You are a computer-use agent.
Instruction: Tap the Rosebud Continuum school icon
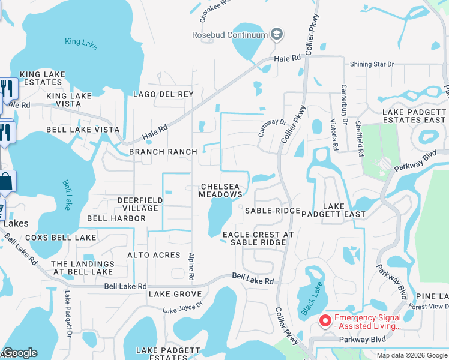click(276, 34)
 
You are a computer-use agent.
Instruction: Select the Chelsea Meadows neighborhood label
click(221, 190)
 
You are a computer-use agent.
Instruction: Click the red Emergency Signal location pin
click(325, 321)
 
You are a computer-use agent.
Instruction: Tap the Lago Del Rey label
click(164, 94)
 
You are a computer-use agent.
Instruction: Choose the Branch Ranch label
click(163, 152)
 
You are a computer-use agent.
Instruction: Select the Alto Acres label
click(154, 255)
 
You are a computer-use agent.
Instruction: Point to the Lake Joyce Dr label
click(183, 307)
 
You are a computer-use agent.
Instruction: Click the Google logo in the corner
click(20, 353)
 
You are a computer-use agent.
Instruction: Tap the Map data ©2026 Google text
click(412, 355)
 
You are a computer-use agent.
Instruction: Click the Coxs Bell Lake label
click(61, 238)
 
